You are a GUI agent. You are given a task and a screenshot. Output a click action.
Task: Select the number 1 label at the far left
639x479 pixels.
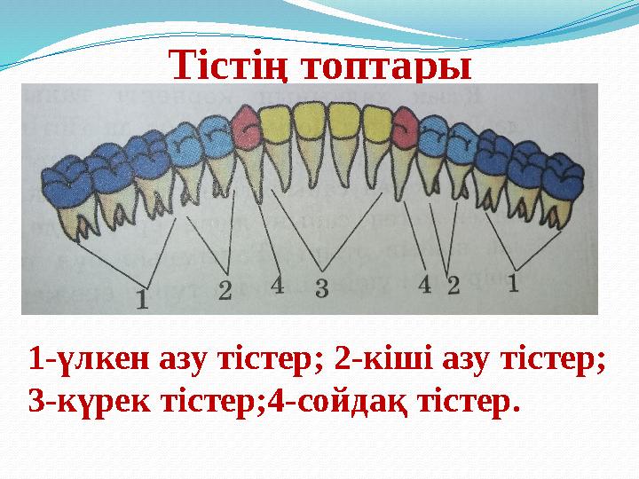[142, 296]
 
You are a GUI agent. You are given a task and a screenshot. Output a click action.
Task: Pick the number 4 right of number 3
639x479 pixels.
[424, 284]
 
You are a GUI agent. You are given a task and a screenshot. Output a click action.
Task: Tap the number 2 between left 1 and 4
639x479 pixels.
[225, 289]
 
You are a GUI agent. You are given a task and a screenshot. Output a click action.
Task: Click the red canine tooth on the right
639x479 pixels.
[405, 129]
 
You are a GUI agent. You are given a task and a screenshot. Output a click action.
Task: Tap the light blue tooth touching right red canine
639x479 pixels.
[432, 135]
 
